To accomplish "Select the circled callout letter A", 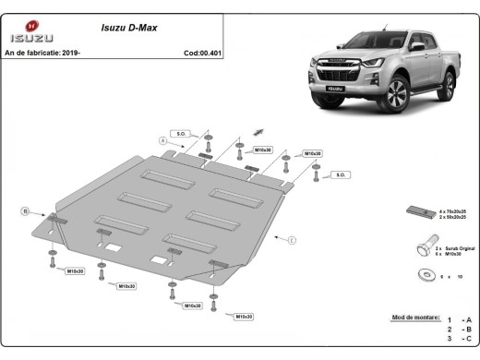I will [x=162, y=140].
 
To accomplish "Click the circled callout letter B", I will [x=25, y=211].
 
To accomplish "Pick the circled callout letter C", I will [x=291, y=241].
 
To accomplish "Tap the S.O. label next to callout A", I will [x=181, y=134].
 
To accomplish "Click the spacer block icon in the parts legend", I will [x=415, y=213].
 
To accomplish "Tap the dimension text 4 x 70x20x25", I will [x=453, y=211].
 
